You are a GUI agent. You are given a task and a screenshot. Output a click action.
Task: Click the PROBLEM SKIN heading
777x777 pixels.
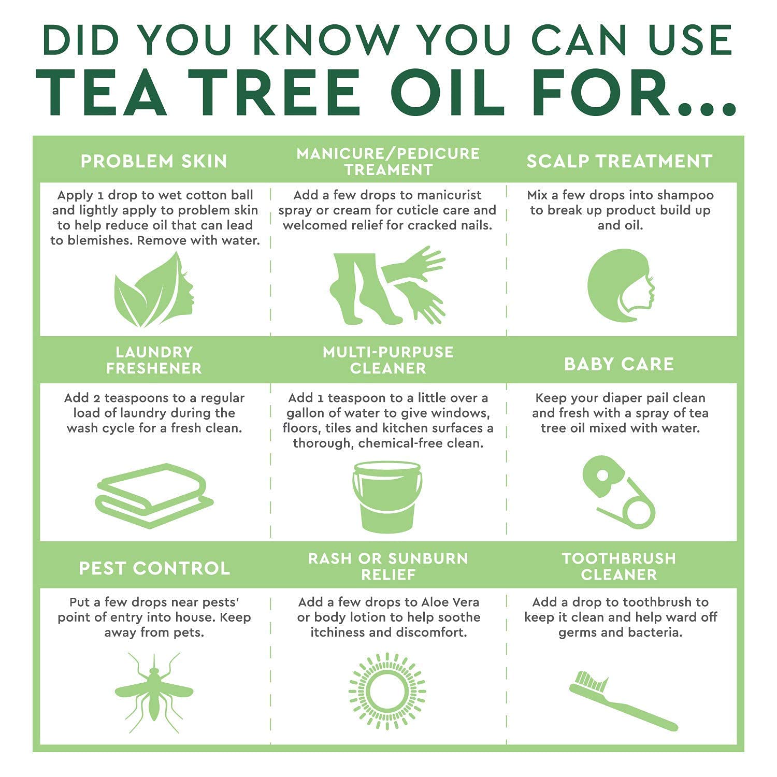coord(154,161)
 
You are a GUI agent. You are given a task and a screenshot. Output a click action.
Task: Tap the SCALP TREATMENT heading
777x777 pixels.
coord(620,161)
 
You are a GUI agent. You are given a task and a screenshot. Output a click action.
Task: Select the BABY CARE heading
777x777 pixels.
coord(619,364)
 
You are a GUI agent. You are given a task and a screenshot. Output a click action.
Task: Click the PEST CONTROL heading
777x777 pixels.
coord(154,568)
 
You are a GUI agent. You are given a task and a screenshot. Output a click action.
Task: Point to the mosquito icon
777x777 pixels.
coord(154,692)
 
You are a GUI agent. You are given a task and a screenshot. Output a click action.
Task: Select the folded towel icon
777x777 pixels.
coord(154,495)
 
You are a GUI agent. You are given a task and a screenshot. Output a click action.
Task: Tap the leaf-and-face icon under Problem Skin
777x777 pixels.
coord(154,290)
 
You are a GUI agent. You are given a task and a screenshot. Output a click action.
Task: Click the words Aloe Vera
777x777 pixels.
coord(450,602)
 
